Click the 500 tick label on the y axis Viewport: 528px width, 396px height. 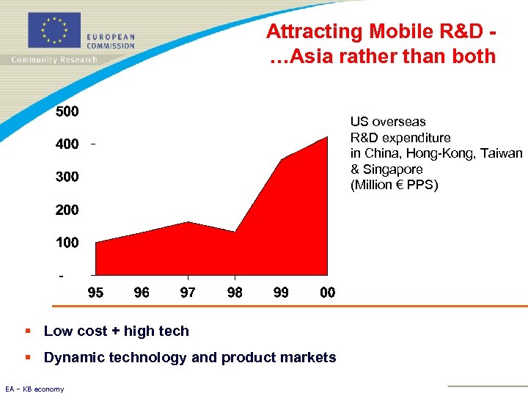(x=67, y=111)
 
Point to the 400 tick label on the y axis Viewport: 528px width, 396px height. (x=67, y=144)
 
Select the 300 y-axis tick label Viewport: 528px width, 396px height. (x=67, y=177)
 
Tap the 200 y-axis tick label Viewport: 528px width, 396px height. (x=67, y=210)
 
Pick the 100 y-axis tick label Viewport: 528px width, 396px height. (x=67, y=242)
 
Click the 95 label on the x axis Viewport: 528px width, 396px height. (x=95, y=293)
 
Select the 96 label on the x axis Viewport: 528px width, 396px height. (x=142, y=293)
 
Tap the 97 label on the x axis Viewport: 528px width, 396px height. (x=188, y=293)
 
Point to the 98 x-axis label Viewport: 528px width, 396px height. (x=235, y=293)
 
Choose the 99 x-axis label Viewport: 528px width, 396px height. (x=281, y=293)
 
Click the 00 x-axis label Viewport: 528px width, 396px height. (x=327, y=293)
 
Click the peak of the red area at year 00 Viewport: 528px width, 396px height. (x=327, y=138)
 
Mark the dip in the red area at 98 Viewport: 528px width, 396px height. (x=235, y=232)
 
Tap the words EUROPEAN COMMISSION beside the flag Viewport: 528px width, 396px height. (x=111, y=41)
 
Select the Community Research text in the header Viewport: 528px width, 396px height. (x=54, y=59)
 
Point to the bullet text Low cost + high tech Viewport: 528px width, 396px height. (x=116, y=331)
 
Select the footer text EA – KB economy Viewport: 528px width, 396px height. (x=34, y=389)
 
